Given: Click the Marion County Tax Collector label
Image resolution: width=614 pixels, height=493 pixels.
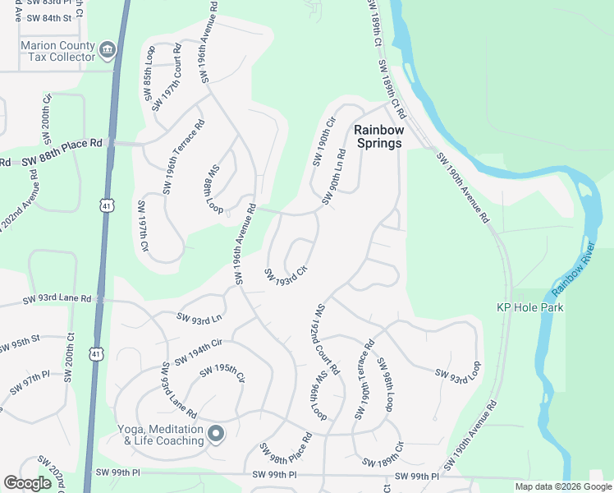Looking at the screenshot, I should coord(57,52).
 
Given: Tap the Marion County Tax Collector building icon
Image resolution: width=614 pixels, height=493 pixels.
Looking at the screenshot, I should coord(108,52).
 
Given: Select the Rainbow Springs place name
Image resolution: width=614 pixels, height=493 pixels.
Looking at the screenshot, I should coord(378,136).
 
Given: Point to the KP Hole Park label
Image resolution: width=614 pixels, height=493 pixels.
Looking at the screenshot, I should coord(529,307).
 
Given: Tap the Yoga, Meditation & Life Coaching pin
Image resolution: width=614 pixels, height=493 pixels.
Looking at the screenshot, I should coord(216,433).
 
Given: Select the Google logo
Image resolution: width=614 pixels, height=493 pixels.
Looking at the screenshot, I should coord(27,483).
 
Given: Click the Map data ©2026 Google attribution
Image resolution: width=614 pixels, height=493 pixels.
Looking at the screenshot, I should coord(563,486).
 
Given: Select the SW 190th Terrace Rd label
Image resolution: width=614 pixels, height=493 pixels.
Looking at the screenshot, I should coord(365,379).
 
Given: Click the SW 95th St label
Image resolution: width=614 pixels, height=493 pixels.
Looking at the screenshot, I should coord(20,342).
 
